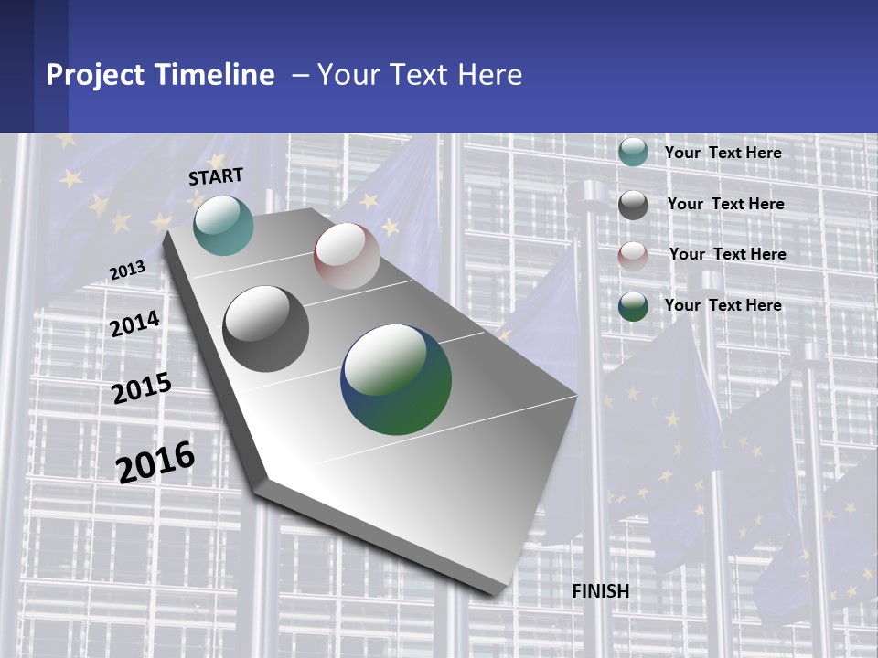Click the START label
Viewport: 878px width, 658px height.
click(216, 175)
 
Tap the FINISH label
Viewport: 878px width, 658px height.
click(601, 591)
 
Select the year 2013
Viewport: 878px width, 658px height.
click(127, 270)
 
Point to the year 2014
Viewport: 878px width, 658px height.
click(135, 324)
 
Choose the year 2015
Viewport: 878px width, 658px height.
click(142, 388)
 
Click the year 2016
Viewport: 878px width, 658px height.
click(155, 462)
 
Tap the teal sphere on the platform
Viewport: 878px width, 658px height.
click(223, 225)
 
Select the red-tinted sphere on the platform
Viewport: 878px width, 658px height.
click(347, 256)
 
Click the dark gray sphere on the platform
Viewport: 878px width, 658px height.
click(266, 329)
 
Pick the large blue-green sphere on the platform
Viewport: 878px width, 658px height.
click(396, 379)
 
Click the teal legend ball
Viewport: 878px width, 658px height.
click(633, 152)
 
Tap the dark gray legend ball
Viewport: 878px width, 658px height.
click(633, 205)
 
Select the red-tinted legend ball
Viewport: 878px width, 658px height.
click(633, 256)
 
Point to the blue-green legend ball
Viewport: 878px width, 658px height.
click(633, 306)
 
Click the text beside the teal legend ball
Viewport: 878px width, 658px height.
click(723, 153)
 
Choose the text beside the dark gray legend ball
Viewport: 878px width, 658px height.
click(725, 204)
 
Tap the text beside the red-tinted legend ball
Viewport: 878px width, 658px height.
click(727, 254)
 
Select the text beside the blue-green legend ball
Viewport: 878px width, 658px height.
click(723, 305)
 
